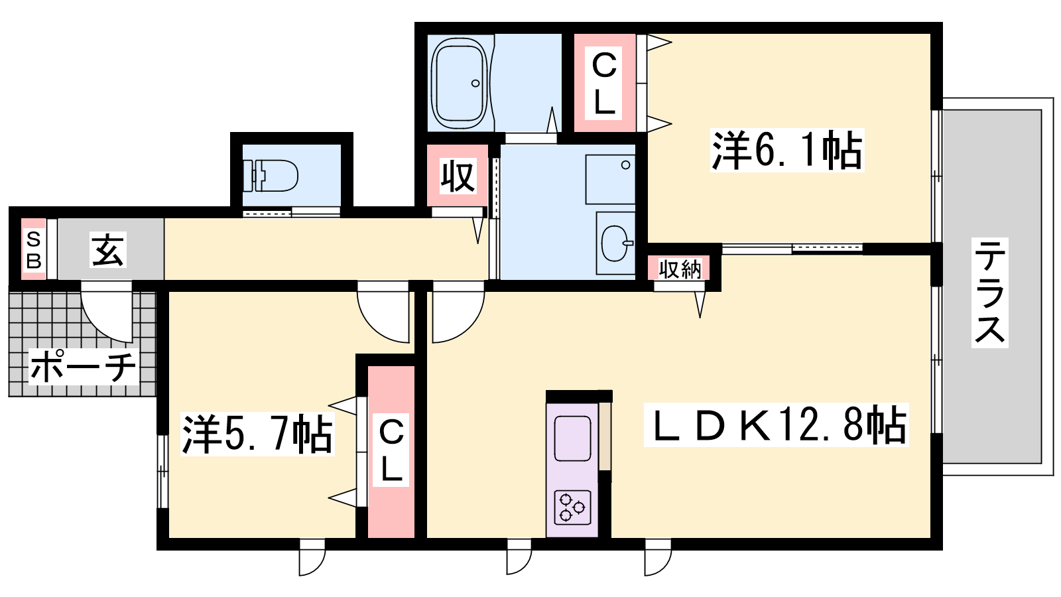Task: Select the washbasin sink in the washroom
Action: pos(617,243)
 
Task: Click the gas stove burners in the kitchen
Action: pos(572,507)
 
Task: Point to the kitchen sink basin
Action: pos(572,438)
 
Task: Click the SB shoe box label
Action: pos(34,249)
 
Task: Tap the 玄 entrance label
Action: pos(108,249)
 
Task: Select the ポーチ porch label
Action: pos(84,367)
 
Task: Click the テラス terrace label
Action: pos(990,293)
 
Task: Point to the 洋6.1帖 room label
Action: pos(786,150)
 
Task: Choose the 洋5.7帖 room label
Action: pos(257,434)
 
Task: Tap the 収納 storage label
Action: pos(680,269)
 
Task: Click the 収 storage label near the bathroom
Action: pos(458,176)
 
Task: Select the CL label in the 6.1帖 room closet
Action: pos(604,83)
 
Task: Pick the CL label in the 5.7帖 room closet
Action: pos(391,450)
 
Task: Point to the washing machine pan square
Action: pos(610,179)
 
